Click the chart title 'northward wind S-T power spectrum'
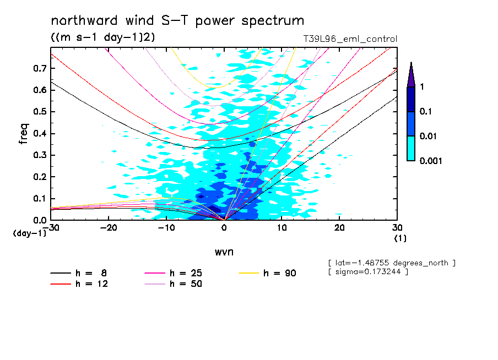coord(177,21)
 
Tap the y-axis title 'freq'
coord(23,134)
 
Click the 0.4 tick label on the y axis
coord(39,133)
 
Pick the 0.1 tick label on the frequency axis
coord(39,199)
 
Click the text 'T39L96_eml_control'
coord(350,39)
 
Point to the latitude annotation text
coord(391,263)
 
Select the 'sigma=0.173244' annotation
coord(367,272)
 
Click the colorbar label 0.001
coord(431,161)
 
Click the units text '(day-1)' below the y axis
coord(29,233)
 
